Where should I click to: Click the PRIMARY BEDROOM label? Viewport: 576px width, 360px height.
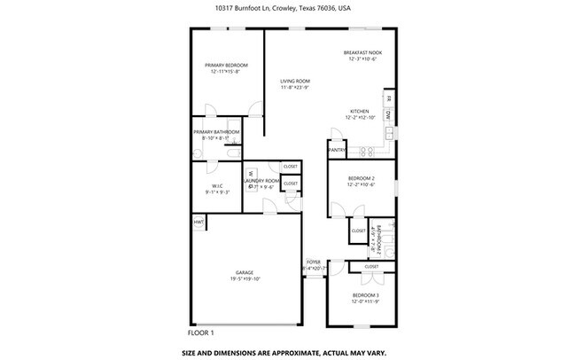(226, 66)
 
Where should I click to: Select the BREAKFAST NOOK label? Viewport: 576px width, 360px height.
(362, 52)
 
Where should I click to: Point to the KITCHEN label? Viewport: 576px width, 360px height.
(359, 111)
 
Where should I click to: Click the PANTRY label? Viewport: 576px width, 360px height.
(337, 150)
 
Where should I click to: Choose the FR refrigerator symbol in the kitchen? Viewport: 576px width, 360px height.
(388, 100)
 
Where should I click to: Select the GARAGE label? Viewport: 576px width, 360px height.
(245, 272)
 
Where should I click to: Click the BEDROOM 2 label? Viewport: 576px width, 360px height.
(359, 177)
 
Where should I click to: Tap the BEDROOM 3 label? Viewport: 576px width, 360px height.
(365, 294)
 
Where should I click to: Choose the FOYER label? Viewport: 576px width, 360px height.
(313, 262)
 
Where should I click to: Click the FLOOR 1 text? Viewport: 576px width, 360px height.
(201, 333)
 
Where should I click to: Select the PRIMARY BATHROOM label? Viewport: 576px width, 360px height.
(215, 132)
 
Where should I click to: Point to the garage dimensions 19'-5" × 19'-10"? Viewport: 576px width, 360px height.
(245, 278)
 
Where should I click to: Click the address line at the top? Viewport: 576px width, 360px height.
(289, 8)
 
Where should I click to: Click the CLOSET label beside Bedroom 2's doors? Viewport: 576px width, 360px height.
(358, 231)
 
